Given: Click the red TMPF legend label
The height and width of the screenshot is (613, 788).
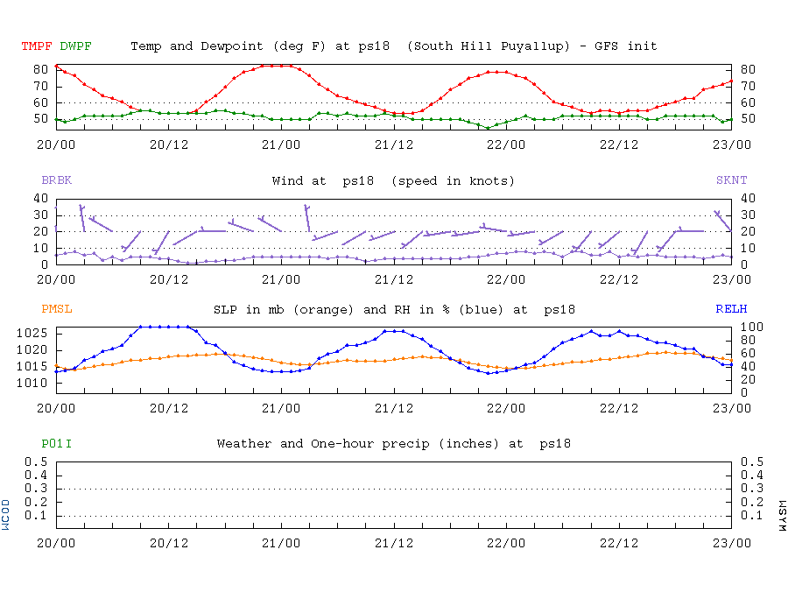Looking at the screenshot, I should point(37,46).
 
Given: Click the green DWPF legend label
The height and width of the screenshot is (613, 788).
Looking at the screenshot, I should point(75,46).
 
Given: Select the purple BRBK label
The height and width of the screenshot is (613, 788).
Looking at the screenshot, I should point(56,180).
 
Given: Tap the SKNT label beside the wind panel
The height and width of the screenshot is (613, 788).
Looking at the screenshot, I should point(731,180).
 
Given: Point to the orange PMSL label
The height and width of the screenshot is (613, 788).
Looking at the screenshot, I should point(56,309).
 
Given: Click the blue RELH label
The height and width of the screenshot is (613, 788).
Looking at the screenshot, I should point(731,309).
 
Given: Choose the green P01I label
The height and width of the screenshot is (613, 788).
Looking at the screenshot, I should point(56,444).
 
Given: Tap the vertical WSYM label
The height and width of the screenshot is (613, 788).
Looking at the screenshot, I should point(781,515).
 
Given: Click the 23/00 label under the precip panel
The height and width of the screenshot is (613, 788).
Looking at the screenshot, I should point(731,543).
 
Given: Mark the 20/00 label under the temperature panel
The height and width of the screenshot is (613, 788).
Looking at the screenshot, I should point(56,144).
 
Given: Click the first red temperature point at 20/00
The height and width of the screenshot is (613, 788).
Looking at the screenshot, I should point(56,66).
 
